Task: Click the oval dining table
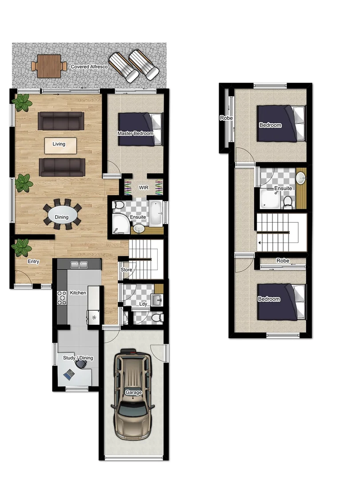click(x=63, y=216)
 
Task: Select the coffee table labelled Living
click(x=60, y=144)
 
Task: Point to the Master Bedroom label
click(x=135, y=133)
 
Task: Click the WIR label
click(x=143, y=188)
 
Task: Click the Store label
click(x=126, y=270)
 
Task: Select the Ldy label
click(x=143, y=304)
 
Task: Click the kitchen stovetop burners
click(x=61, y=298)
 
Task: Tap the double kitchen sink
click(x=79, y=264)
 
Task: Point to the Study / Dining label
click(x=78, y=358)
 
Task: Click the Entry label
click(x=33, y=262)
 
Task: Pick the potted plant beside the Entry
click(x=21, y=248)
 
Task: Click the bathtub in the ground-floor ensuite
click(x=156, y=214)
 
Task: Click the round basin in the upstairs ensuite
click(x=301, y=178)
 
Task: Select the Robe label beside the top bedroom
click(x=226, y=118)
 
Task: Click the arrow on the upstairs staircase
click(x=259, y=243)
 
